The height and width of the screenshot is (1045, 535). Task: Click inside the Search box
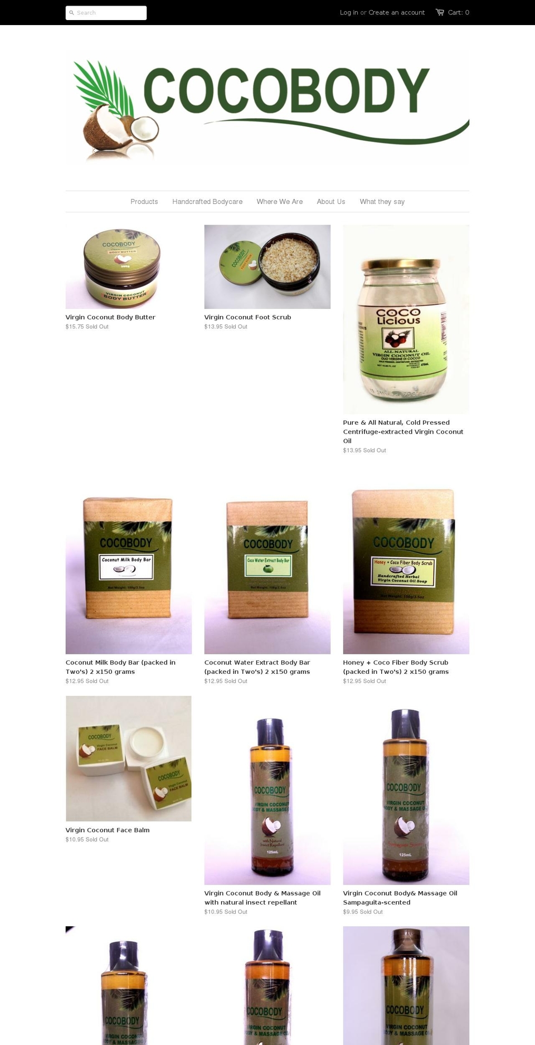pyautogui.click(x=109, y=13)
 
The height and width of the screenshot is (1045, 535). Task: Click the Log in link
pyautogui.click(x=349, y=12)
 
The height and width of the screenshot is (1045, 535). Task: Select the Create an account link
pyautogui.click(x=396, y=12)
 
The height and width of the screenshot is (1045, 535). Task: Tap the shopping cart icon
pyautogui.click(x=440, y=12)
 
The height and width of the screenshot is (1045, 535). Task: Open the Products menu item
pyautogui.click(x=144, y=202)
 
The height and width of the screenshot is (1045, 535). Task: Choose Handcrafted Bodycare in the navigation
pyautogui.click(x=207, y=202)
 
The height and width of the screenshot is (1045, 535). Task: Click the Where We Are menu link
pyautogui.click(x=280, y=202)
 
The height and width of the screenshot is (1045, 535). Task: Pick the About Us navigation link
pyautogui.click(x=331, y=202)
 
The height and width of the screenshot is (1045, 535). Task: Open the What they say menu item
pyautogui.click(x=382, y=202)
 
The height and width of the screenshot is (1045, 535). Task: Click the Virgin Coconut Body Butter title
pyautogui.click(x=110, y=317)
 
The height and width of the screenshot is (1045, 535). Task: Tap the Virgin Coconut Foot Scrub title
pyautogui.click(x=247, y=317)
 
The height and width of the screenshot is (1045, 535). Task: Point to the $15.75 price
pyautogui.click(x=75, y=327)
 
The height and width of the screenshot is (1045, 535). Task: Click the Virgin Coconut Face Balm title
pyautogui.click(x=108, y=830)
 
